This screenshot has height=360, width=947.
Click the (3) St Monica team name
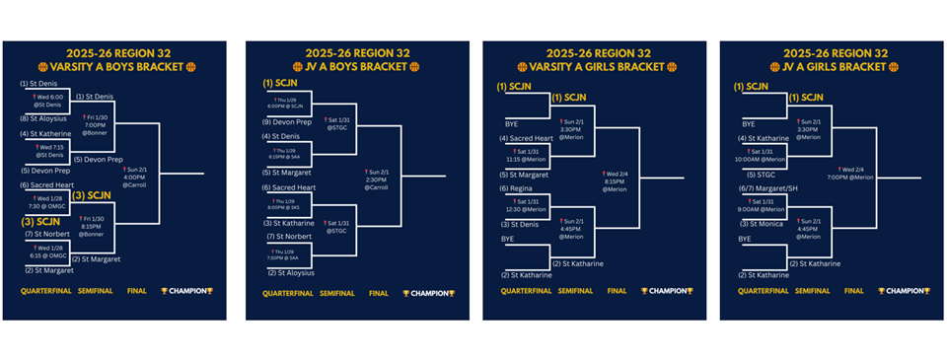(765, 224)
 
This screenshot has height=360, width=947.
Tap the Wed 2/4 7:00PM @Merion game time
(854, 174)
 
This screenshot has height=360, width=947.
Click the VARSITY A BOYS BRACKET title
(109, 67)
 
